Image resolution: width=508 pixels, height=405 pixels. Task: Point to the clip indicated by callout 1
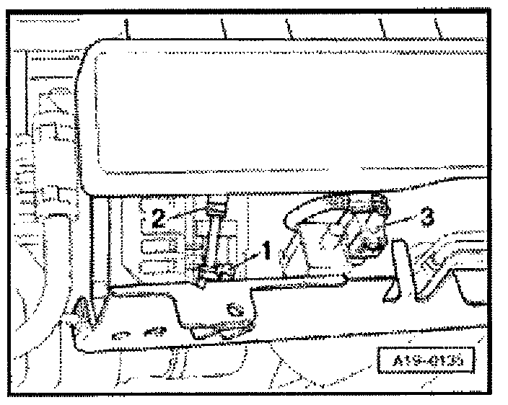point(222,272)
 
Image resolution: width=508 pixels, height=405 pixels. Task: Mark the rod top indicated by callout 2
point(212,211)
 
